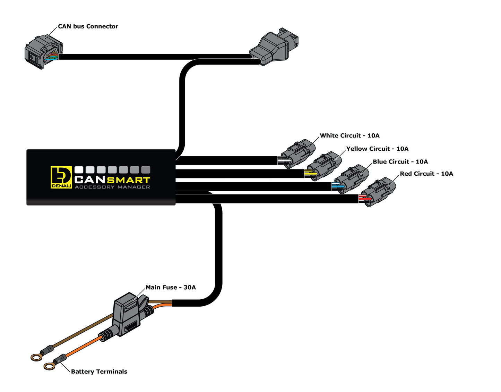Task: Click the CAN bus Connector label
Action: pyautogui.click(x=88, y=26)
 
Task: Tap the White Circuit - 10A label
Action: pyautogui.click(x=349, y=135)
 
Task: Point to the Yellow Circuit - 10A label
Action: pyautogui.click(x=377, y=149)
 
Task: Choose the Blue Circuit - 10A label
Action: pyautogui.click(x=400, y=161)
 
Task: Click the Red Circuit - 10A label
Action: pyautogui.click(x=426, y=174)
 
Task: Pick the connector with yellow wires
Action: pyautogui.click(x=325, y=166)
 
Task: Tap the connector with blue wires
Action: pyautogui.click(x=351, y=179)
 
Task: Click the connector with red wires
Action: pyautogui.click(x=378, y=192)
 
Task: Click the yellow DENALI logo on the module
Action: pyautogui.click(x=61, y=177)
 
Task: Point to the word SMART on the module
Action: pyautogui.click(x=128, y=180)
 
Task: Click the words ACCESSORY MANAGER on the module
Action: pyautogui.click(x=112, y=187)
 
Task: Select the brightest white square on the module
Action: pyautogui.click(x=79, y=170)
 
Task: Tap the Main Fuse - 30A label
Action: pyautogui.click(x=171, y=287)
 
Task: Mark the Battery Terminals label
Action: pyautogui.click(x=99, y=372)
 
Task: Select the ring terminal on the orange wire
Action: pyautogui.click(x=50, y=366)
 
